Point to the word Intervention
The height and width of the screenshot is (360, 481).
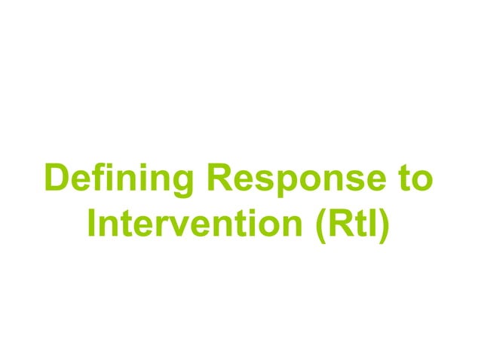click(x=194, y=224)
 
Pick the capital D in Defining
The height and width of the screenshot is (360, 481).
click(x=57, y=179)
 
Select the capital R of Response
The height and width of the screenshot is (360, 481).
click(x=218, y=179)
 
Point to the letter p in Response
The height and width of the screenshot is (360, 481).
click(x=283, y=185)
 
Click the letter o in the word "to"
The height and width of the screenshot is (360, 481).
click(x=424, y=182)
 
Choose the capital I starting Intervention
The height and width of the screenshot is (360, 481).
click(x=93, y=224)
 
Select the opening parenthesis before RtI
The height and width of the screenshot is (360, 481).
click(x=316, y=225)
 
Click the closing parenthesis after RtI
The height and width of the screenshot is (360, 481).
click(x=384, y=225)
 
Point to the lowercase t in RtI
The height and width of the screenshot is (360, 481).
click(x=356, y=224)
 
